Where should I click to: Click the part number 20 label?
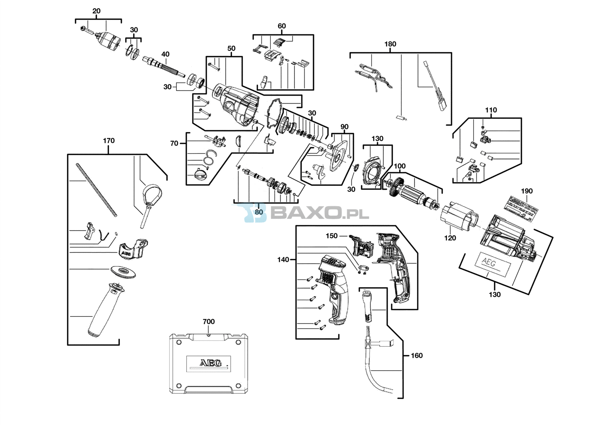[x=97, y=11]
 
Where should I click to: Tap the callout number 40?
[x=165, y=54]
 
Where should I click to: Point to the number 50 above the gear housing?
[x=231, y=48]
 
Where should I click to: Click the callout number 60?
[x=282, y=26]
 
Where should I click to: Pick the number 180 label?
[x=390, y=44]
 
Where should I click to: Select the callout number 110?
[x=491, y=110]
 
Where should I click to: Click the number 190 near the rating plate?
[x=527, y=191]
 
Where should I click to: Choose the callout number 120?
[x=450, y=238]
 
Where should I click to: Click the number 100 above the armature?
[x=400, y=166]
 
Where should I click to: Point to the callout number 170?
[x=109, y=141]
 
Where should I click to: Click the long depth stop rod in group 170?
[x=96, y=190]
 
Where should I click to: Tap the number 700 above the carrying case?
[x=208, y=321]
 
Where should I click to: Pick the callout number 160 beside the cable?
[x=417, y=355]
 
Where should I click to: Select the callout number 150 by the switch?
[x=331, y=236]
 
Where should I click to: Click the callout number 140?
[x=283, y=259]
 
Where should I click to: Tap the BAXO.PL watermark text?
[x=319, y=213]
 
